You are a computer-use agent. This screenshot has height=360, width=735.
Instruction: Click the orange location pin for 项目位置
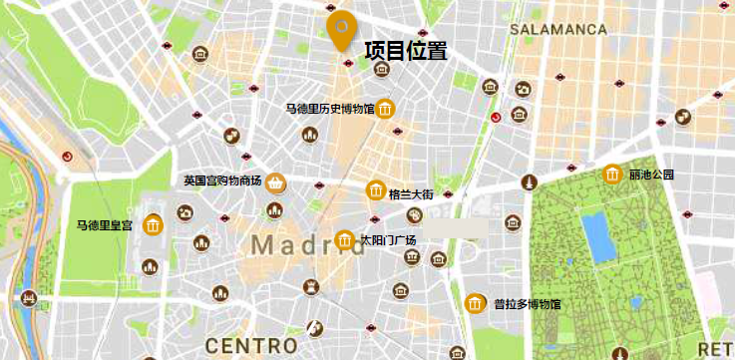(x=341, y=28)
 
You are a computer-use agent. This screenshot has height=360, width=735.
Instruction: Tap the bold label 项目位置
(x=405, y=51)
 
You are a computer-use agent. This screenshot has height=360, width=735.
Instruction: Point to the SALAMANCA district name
(x=557, y=30)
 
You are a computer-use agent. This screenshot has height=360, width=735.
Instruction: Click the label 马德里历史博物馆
(x=329, y=109)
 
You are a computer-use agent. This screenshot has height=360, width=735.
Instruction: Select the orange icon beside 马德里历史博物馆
(x=385, y=109)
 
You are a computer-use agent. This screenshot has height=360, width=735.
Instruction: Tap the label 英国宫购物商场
(x=222, y=181)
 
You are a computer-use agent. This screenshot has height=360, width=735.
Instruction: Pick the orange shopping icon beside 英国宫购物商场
(x=275, y=181)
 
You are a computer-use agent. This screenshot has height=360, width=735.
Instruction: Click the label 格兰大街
(x=410, y=193)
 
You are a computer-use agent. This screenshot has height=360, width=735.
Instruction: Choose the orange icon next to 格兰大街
(x=376, y=190)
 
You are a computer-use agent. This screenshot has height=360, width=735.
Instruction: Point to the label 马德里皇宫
(x=105, y=226)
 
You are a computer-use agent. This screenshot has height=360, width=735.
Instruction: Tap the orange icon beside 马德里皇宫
(x=153, y=226)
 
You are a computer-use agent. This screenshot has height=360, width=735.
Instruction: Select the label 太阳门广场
(x=388, y=240)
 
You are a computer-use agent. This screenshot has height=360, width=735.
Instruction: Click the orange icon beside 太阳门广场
(x=345, y=239)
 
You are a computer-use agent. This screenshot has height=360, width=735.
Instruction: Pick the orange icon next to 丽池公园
(x=612, y=175)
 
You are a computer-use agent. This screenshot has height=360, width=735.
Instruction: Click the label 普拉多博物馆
(x=528, y=304)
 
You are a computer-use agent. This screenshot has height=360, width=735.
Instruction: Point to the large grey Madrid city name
(x=307, y=244)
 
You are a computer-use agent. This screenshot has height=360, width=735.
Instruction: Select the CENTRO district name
(x=250, y=345)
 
